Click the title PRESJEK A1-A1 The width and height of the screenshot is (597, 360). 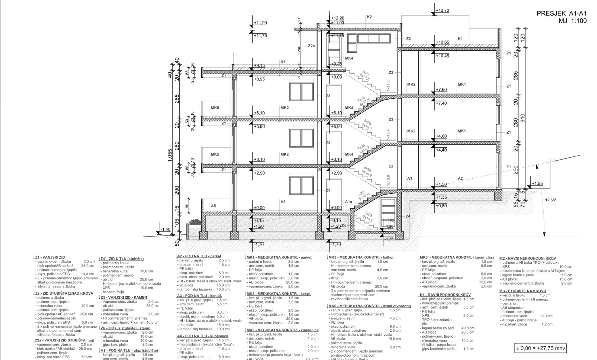(x=561, y=14)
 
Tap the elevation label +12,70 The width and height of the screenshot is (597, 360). (x=442, y=11)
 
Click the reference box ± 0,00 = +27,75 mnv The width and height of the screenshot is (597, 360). (x=540, y=349)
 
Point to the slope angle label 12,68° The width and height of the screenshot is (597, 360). (x=551, y=200)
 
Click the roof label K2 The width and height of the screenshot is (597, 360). (x=369, y=17)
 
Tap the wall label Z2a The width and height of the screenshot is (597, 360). (x=311, y=46)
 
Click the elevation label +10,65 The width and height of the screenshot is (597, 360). (x=442, y=42)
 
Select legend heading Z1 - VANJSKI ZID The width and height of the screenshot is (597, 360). (x=50, y=257)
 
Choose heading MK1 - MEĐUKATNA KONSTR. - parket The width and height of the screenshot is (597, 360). (x=279, y=257)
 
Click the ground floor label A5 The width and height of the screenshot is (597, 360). (x=213, y=206)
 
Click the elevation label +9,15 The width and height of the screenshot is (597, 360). (x=259, y=66)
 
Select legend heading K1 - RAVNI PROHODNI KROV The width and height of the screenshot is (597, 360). (x=445, y=295)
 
